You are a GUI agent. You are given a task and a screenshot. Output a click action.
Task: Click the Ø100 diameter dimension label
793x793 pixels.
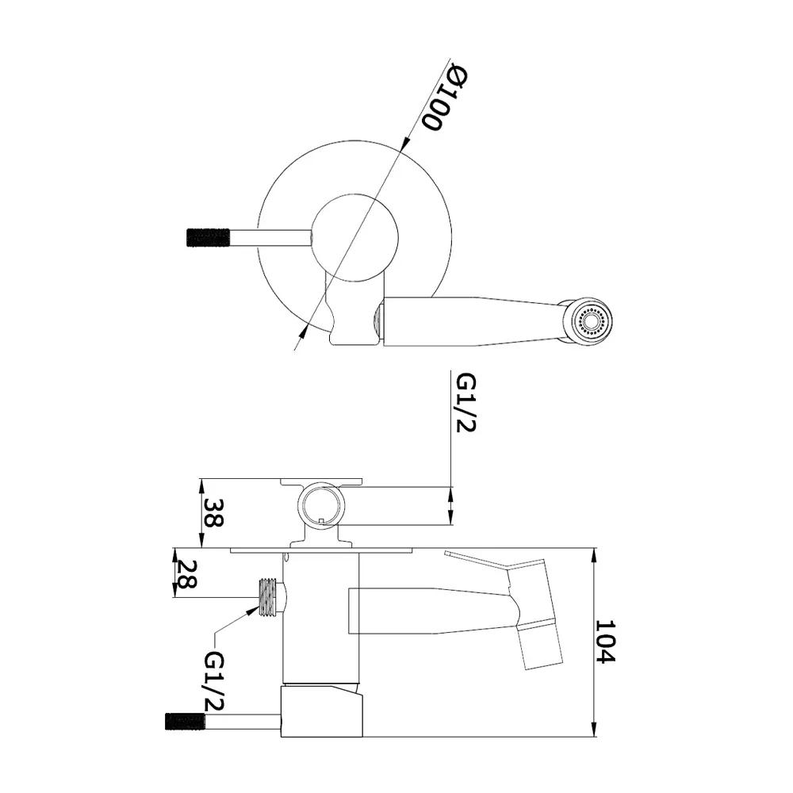(x=446, y=98)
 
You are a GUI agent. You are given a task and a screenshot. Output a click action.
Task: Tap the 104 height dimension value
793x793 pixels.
(x=605, y=642)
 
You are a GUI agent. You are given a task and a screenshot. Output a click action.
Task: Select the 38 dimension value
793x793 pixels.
(x=213, y=513)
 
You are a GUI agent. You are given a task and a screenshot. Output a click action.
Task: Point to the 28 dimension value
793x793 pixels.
(x=186, y=573)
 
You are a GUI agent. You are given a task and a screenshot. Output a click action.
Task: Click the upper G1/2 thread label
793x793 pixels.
(x=465, y=403)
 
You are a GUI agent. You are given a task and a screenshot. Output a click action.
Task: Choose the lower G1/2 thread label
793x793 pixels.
(x=214, y=680)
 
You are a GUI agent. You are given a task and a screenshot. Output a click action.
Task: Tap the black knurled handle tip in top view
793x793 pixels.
(x=208, y=238)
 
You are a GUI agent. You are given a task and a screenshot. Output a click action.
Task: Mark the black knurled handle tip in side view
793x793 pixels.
(x=185, y=721)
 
